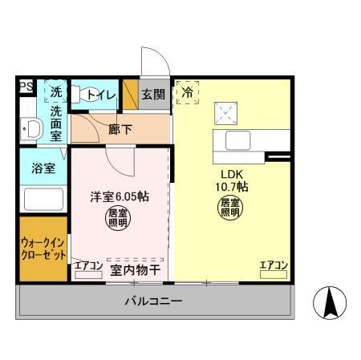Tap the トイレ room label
[102, 95]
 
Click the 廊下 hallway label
[120, 128]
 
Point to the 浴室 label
[43, 169]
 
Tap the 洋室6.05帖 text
[118, 196]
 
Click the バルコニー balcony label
[152, 302]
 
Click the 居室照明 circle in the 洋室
[117, 216]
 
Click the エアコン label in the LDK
[274, 265]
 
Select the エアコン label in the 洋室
[87, 265]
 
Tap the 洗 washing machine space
[55, 91]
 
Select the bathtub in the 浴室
[42, 199]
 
